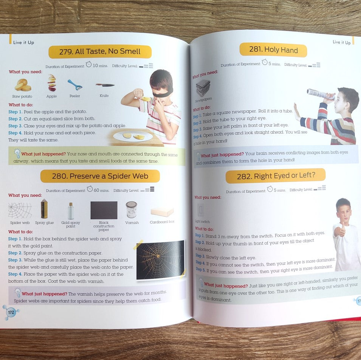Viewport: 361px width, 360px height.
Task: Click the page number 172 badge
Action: point(11,312)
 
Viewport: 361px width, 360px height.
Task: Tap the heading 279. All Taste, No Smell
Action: point(100,51)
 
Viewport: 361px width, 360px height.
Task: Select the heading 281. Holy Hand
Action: point(273,50)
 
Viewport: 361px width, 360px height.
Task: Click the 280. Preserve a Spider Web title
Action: point(100,176)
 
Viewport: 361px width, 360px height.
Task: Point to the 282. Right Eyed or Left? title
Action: point(276,176)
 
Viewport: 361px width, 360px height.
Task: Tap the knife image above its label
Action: point(105,85)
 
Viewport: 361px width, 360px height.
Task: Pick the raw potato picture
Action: point(23,85)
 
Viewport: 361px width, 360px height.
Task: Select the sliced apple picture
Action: point(52,83)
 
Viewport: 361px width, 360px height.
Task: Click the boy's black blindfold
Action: point(162,94)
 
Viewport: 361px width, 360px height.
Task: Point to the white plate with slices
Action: point(133,136)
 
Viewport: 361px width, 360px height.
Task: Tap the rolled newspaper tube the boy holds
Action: point(321,94)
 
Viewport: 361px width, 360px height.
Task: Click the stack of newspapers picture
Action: point(203,88)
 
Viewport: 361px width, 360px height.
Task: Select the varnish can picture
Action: point(132,209)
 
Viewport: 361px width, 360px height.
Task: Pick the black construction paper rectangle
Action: point(104,210)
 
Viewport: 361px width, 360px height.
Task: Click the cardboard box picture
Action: point(162,212)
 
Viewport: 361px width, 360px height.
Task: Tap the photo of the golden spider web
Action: point(161,259)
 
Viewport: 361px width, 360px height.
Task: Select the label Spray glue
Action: point(45,223)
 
